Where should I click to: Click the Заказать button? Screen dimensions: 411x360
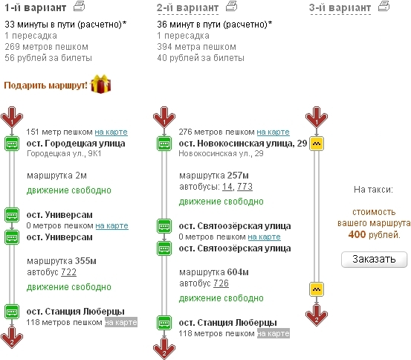(x=374, y=260)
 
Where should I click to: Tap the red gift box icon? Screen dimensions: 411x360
(x=100, y=84)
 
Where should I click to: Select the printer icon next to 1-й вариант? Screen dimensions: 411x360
(x=80, y=6)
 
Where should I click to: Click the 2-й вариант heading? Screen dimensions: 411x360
(x=188, y=7)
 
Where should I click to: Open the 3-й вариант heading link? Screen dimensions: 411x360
(x=340, y=7)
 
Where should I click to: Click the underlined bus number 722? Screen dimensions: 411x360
(x=68, y=272)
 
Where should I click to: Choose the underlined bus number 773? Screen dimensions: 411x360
(x=245, y=187)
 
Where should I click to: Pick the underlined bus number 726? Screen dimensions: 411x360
(x=221, y=283)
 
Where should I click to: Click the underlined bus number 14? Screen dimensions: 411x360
(x=227, y=187)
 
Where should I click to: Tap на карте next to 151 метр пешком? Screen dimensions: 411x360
(x=111, y=132)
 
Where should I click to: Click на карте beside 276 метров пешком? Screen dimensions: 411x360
(x=273, y=132)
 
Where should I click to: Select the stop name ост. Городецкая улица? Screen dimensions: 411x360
(x=76, y=144)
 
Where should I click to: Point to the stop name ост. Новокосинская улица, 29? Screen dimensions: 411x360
(x=243, y=144)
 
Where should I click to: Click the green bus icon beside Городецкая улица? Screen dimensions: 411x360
(x=12, y=144)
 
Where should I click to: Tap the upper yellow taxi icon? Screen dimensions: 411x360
(x=317, y=144)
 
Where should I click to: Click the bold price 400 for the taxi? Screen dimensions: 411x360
(x=357, y=234)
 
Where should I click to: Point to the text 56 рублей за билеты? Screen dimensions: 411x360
(x=48, y=58)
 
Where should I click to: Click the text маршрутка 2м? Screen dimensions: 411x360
(x=56, y=176)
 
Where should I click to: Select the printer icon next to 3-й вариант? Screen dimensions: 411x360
(x=384, y=6)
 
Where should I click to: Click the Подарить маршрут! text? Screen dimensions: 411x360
(x=45, y=86)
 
